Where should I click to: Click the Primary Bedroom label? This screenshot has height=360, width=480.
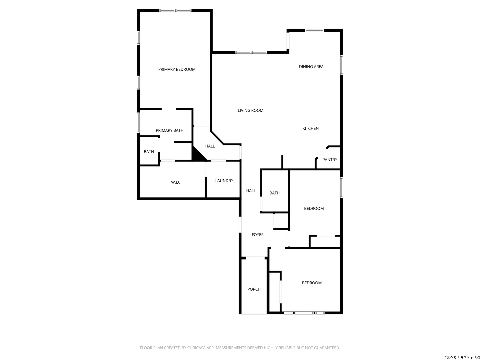pos(177,69)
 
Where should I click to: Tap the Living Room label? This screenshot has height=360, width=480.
pos(250,110)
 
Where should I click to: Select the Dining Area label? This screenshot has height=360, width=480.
pos(311,67)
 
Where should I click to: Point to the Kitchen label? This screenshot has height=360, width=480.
pos(310,128)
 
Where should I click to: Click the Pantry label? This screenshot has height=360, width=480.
pos(330,160)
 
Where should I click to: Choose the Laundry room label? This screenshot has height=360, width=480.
pos(224,181)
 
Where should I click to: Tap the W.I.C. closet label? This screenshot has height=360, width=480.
pos(176,182)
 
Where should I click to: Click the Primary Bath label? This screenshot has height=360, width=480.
pos(169,130)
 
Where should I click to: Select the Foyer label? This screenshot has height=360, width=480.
pos(257,235)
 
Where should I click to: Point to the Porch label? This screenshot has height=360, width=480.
pos(254,289)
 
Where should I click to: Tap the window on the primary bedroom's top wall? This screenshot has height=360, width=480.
pos(175,10)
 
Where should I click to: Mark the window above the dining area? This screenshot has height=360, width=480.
pos(314,31)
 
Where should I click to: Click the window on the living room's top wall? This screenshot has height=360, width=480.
pos(251,52)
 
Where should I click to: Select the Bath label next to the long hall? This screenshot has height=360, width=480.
pos(274,193)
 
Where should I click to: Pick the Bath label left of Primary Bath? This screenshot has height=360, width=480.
pos(149,152)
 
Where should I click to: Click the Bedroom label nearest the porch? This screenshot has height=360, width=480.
pos(312,283)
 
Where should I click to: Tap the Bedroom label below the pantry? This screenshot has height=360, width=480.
pos(314,209)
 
